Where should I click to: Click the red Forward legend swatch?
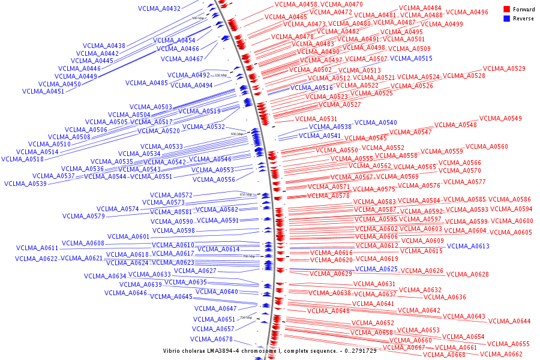click(x=507, y=10)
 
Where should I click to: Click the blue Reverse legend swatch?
click(x=507, y=19)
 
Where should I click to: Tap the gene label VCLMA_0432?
click(x=159, y=9)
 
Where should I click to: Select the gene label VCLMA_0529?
click(x=504, y=69)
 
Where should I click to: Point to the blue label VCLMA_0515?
click(x=411, y=59)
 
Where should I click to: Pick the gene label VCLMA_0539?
click(x=25, y=184)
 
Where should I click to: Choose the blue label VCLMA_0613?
click(x=468, y=246)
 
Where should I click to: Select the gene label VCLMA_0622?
click(x=37, y=259)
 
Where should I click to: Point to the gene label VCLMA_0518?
click(x=22, y=160)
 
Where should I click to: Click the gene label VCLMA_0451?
click(x=43, y=92)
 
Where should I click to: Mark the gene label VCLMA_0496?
click(x=467, y=13)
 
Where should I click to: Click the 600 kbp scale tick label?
click(x=238, y=134)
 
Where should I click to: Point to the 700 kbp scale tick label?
click(x=249, y=256)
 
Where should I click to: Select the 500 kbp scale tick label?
click(x=198, y=19)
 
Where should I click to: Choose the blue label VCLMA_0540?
click(x=376, y=122)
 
